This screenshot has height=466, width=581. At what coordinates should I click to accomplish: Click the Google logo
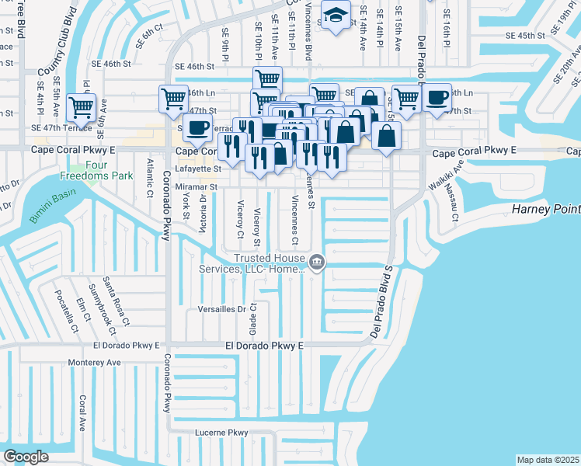click(x=26, y=457)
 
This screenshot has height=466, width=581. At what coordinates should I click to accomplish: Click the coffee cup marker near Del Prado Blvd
click(x=437, y=98)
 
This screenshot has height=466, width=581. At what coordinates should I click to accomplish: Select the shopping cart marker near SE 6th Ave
click(x=81, y=107)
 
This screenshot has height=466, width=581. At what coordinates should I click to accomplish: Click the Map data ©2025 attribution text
click(x=548, y=460)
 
